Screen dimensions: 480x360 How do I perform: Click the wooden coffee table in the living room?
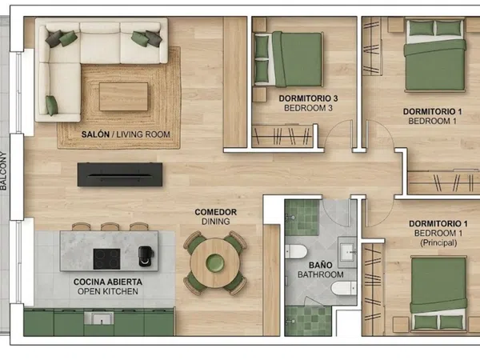point(123,97)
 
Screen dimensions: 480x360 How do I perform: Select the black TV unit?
point(120,174)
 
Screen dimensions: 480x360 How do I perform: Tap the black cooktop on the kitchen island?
point(106,259)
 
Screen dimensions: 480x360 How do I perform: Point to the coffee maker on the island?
point(146,256)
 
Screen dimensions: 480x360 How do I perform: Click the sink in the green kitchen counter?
point(99,318)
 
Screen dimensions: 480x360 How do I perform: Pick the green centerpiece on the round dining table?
point(215,263)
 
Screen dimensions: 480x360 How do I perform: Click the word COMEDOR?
point(215,212)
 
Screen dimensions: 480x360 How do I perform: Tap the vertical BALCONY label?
point(3,171)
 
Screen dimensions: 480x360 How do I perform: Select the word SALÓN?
point(95,134)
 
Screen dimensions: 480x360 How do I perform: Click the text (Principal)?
point(438,243)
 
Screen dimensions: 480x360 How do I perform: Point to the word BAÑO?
point(320,265)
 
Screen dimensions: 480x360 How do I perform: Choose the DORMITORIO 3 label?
point(308,98)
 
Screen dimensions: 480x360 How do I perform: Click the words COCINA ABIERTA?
point(108,282)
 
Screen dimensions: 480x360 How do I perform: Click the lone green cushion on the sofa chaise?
point(52,106)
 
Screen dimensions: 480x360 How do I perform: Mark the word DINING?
point(215,222)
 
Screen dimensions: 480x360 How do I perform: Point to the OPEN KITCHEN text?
point(108,291)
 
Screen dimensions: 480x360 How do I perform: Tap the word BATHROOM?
point(321,274)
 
